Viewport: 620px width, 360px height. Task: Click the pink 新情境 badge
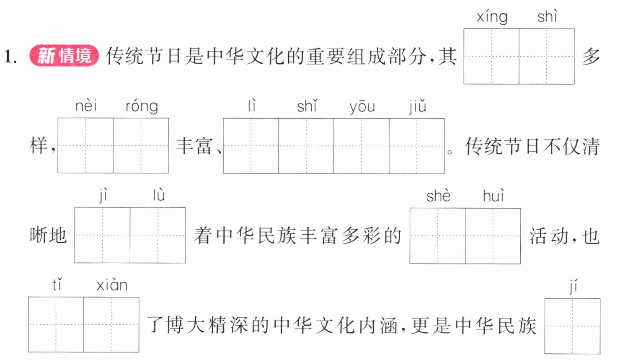[64, 55]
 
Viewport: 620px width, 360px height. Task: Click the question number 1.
[10, 57]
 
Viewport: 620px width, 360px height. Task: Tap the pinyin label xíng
[492, 17]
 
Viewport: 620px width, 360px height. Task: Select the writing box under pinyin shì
[547, 56]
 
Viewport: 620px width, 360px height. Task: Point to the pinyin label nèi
[86, 106]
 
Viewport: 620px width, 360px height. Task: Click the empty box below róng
[141, 146]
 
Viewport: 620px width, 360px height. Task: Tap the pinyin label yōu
[362, 107]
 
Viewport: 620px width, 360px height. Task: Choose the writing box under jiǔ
[417, 146]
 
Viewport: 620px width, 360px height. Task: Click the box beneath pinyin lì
[251, 146]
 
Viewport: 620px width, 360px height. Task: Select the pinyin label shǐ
[307, 106]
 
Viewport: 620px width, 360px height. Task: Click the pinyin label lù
[159, 195]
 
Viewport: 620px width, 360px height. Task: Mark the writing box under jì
[102, 235]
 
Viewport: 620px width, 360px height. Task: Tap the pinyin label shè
[439, 196]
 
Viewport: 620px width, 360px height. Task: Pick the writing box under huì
[493, 236]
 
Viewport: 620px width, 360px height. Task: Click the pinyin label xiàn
[112, 285]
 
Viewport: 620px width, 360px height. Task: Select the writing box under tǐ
[56, 324]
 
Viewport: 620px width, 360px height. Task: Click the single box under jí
[572, 326]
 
